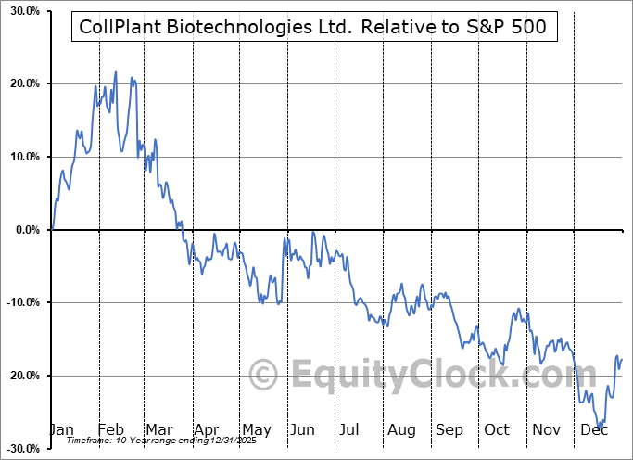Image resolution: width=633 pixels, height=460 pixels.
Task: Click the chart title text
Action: pos(315,29)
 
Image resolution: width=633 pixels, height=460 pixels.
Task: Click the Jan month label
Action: pos(60,430)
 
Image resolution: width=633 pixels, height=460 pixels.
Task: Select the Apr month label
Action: pos(205,430)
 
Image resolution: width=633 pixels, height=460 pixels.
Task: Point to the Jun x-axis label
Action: pos(301,430)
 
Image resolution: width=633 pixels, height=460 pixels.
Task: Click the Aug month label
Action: pos(402,430)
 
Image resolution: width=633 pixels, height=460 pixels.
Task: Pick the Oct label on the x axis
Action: pos(497,430)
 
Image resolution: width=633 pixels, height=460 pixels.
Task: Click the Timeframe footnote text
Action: pos(139,441)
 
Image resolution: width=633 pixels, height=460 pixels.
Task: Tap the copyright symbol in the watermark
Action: pos(264,375)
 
